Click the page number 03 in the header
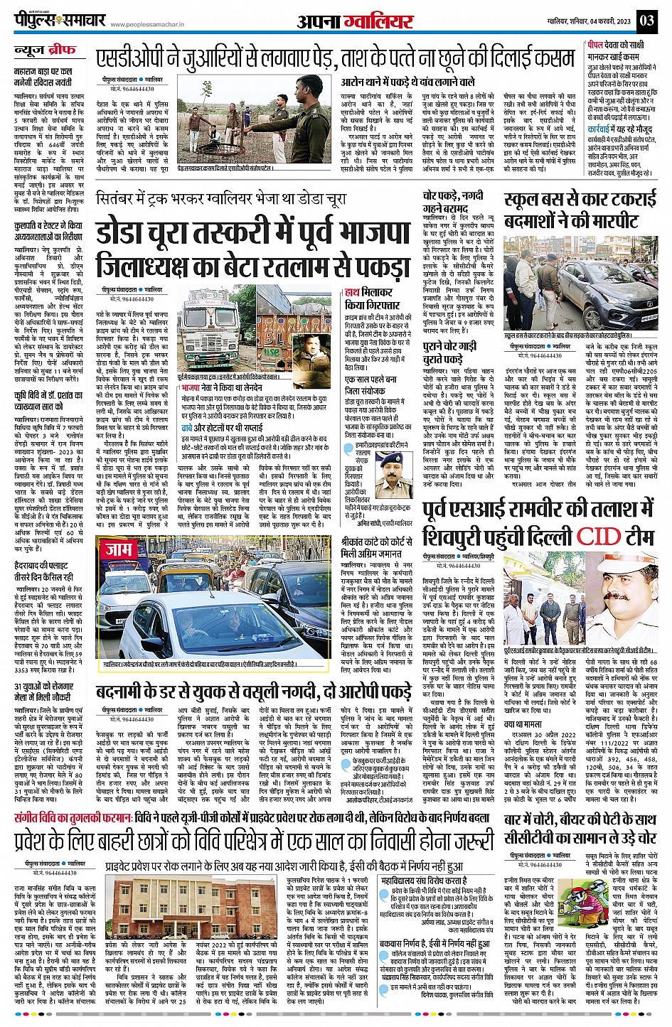click(x=646, y=20)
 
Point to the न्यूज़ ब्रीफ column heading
click(x=45, y=51)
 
